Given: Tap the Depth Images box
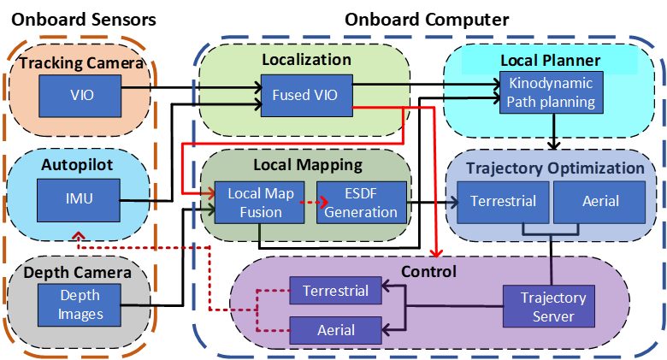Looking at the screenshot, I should tap(80, 304).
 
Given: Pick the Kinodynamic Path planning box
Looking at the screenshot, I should tap(552, 93).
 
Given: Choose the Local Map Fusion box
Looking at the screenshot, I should tap(261, 203).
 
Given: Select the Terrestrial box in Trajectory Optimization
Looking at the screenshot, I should tap(504, 203).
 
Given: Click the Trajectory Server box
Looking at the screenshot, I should tap(553, 307).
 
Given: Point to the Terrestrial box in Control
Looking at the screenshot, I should tap(335, 292).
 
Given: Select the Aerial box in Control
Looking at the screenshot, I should tap(335, 329).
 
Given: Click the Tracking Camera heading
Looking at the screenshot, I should tap(82, 63).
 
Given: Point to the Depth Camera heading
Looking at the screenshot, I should tap(78, 273).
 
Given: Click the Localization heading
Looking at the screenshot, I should tap(306, 60).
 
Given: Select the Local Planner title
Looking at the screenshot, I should tap(550, 61).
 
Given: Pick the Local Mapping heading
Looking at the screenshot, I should tap(308, 164).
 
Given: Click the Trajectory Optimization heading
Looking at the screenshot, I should tap(556, 168).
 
